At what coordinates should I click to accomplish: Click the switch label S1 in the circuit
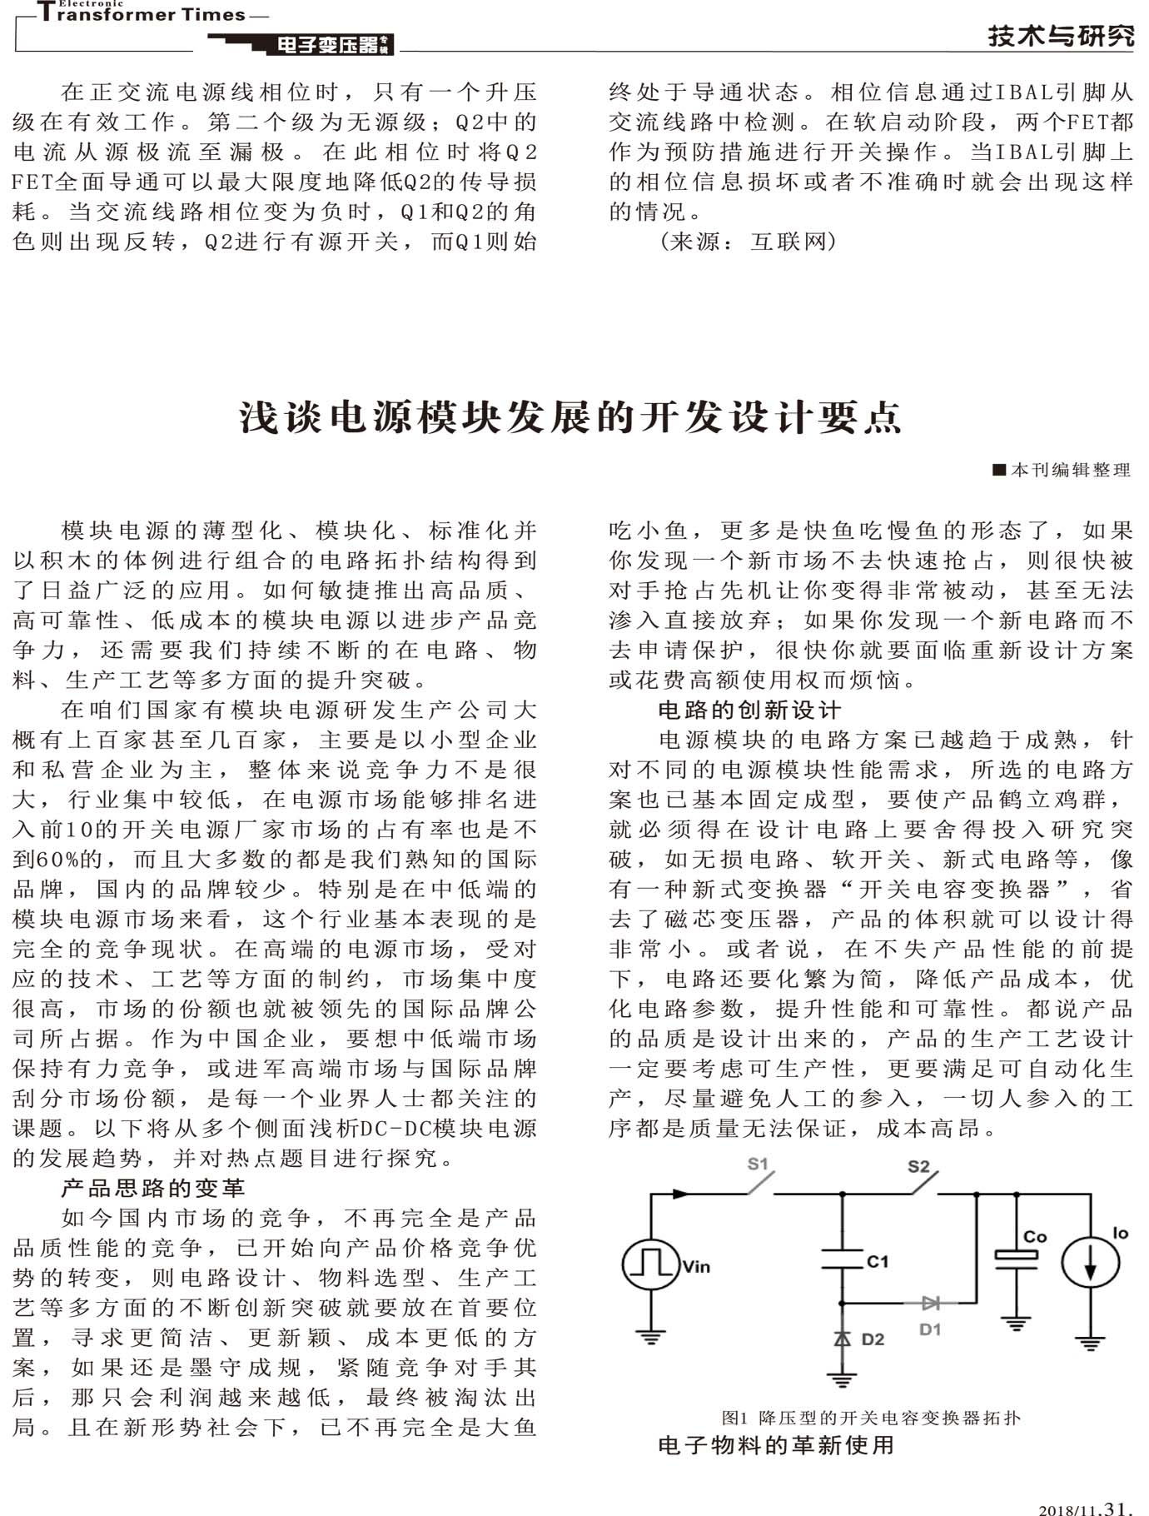(x=758, y=1164)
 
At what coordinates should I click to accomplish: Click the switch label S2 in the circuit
(x=918, y=1166)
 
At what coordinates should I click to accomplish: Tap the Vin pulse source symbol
(x=650, y=1264)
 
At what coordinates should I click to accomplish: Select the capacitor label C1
(x=878, y=1262)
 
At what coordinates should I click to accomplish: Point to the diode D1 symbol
(x=931, y=1303)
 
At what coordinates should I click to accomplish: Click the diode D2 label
(x=873, y=1339)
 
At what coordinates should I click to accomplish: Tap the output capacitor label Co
(x=1035, y=1237)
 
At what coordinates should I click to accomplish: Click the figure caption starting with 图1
(x=870, y=1418)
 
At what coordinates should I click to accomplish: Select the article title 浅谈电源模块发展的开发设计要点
(x=571, y=417)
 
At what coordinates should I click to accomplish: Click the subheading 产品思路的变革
(x=153, y=1188)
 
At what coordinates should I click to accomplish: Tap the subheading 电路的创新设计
(x=749, y=710)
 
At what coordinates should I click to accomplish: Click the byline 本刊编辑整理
(x=1070, y=471)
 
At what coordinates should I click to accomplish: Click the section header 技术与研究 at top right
(x=1061, y=36)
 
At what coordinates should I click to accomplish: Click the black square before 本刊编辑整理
(x=1000, y=470)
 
